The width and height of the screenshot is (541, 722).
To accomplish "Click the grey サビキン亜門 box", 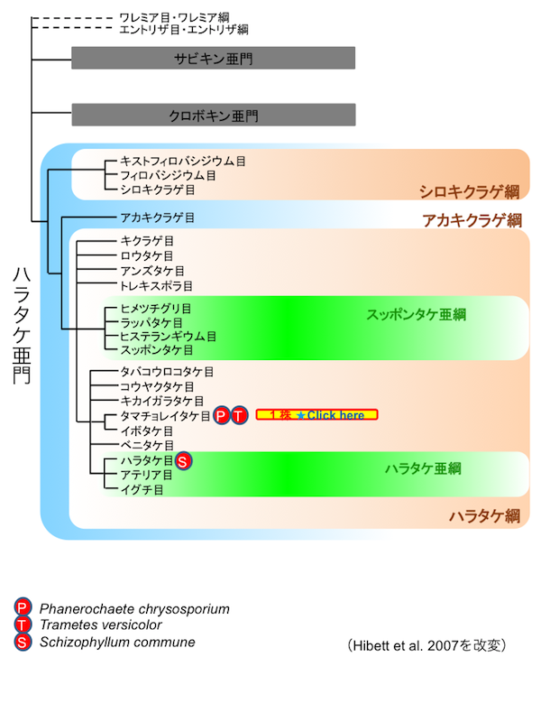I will (x=213, y=58).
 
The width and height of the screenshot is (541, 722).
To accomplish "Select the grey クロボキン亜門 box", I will (x=213, y=115).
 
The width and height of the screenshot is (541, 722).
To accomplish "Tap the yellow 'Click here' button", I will (x=316, y=415).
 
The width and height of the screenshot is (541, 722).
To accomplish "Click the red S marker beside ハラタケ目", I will (x=182, y=461).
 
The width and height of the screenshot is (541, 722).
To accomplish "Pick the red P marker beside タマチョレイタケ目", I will (x=222, y=415).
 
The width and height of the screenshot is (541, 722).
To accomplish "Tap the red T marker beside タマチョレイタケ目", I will (x=238, y=415).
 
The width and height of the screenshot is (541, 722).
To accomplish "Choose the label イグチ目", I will (x=142, y=489).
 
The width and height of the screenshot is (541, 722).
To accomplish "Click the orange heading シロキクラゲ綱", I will (x=469, y=191).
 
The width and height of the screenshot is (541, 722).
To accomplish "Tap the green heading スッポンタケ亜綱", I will (x=416, y=314).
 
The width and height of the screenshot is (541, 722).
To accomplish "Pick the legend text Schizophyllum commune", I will (x=116, y=642).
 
